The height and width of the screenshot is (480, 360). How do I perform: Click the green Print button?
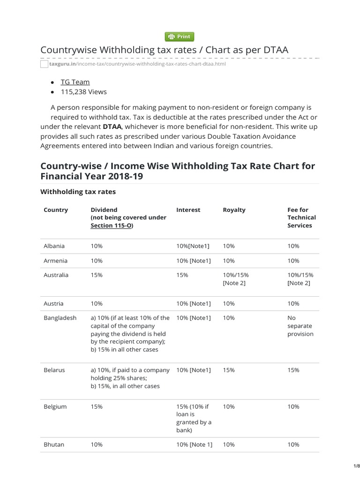tap(180, 37)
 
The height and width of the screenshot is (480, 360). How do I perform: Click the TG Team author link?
tap(75, 82)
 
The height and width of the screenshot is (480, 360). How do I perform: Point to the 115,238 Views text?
tap(83, 92)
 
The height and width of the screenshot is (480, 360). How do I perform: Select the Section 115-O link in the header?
tap(112, 225)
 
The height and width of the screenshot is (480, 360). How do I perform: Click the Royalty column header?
tap(234, 210)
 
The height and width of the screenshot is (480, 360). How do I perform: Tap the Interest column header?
tap(188, 210)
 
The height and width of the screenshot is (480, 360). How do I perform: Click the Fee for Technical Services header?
tap(301, 217)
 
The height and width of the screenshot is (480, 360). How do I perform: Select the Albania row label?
tap(54, 246)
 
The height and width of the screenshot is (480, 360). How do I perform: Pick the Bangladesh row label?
tap(60, 318)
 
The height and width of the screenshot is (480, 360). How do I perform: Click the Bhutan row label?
tap(54, 444)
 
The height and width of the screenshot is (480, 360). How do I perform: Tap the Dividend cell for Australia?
tap(97, 275)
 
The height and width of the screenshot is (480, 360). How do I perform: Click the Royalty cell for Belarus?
tap(229, 370)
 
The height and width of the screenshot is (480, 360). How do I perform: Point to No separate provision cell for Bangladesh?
tap(300, 326)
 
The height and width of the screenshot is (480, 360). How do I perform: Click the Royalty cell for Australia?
tap(235, 279)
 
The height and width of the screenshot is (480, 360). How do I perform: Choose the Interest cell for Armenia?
tap(194, 261)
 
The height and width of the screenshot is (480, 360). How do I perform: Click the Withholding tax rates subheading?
tap(78, 192)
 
